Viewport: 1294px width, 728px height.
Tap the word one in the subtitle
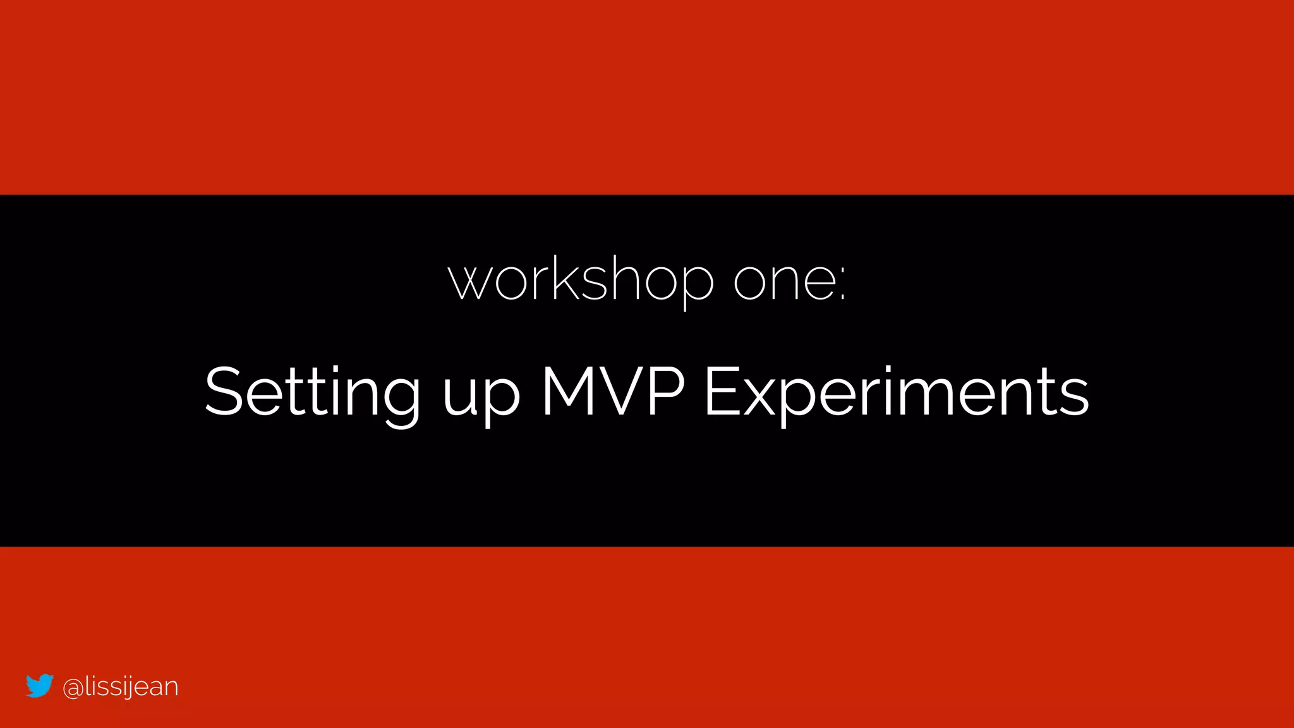point(785,281)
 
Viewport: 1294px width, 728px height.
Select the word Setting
point(312,393)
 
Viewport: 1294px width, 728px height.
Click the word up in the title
point(481,398)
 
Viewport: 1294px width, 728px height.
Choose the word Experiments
point(896,393)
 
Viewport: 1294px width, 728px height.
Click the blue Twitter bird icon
point(39,686)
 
